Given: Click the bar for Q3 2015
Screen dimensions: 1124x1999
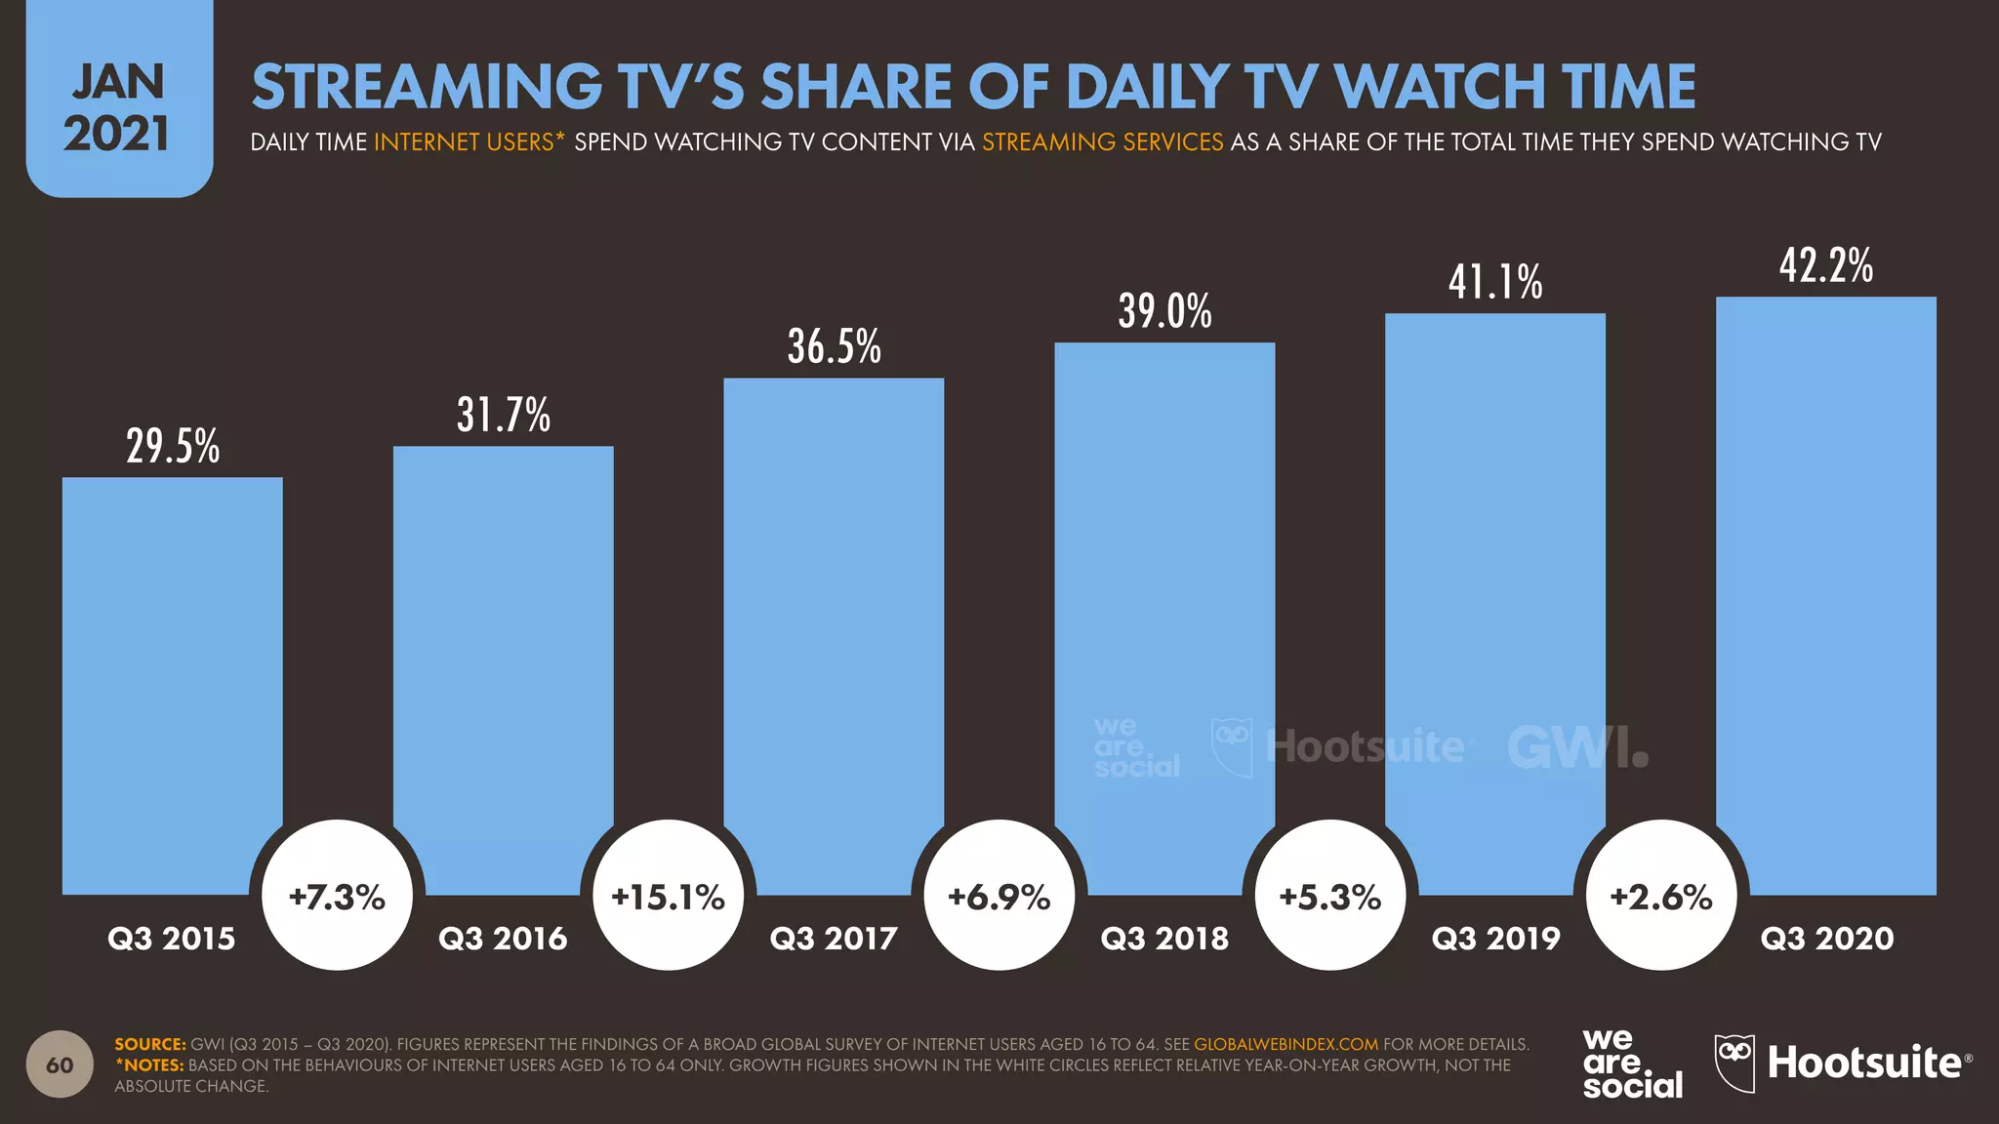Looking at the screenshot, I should click(172, 683).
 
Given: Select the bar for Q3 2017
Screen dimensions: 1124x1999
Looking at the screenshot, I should click(834, 634).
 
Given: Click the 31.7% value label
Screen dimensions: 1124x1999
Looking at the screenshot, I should click(504, 416).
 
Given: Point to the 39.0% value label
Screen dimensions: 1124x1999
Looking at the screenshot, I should click(1164, 312).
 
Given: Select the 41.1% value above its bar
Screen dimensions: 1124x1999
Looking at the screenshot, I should click(1495, 283).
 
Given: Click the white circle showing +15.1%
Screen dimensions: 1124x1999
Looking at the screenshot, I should click(669, 896).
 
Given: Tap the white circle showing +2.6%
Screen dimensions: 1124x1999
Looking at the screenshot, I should click(1661, 896).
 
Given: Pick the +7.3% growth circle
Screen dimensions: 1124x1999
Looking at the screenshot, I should click(338, 896).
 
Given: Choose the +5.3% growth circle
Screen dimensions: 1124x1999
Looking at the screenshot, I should click(1330, 896).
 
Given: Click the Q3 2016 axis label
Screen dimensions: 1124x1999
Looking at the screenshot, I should click(503, 939).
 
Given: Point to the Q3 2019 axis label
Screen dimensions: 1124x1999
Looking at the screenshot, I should click(1495, 939).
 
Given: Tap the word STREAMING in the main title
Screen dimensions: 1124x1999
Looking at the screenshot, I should click(427, 88).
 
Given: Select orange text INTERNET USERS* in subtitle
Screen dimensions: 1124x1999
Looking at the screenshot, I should click(469, 142).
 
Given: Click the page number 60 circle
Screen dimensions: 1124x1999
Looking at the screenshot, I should click(60, 1064).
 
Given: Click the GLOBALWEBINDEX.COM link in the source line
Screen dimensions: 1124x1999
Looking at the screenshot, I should click(1285, 1044).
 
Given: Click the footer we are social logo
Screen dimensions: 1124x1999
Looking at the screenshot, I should click(1632, 1064).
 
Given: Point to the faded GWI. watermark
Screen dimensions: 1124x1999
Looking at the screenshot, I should click(1577, 747).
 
